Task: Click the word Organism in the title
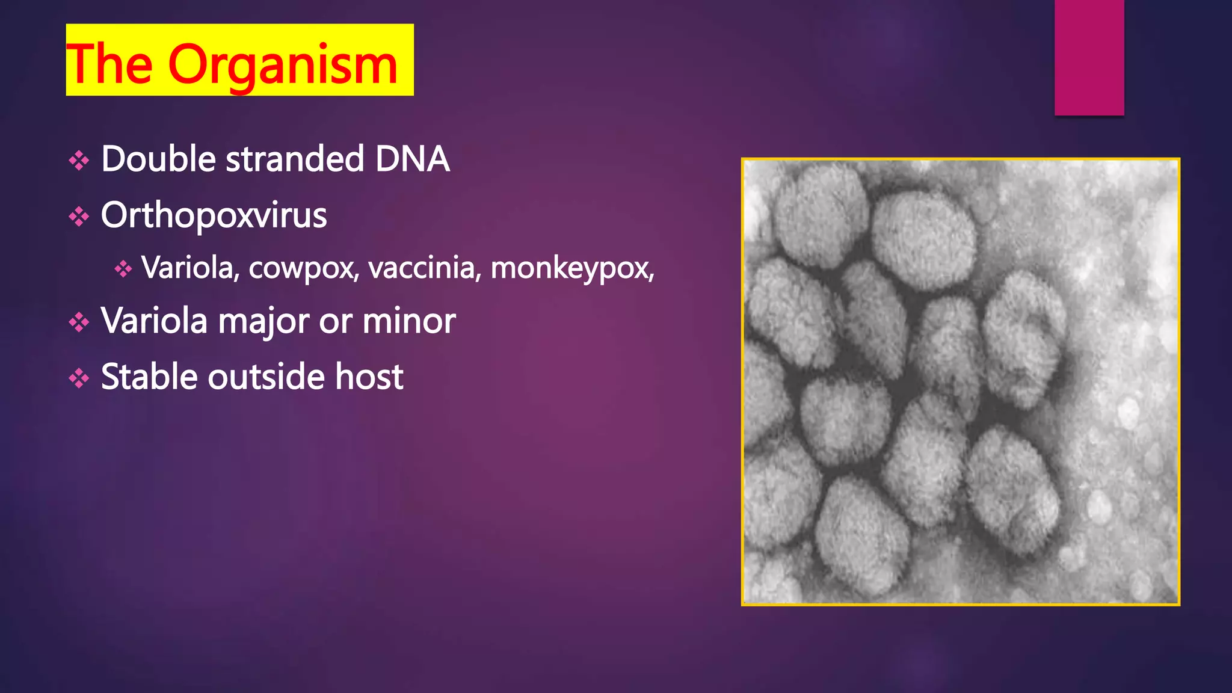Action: [x=283, y=65]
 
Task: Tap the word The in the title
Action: [x=110, y=64]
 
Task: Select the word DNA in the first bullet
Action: [x=412, y=159]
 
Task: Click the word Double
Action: [x=158, y=159]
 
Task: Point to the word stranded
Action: [x=295, y=159]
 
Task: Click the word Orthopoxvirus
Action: [x=214, y=215]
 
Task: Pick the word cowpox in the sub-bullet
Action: [x=304, y=268]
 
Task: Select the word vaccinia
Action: [x=425, y=268]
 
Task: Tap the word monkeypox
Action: [x=571, y=268]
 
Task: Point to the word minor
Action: [x=408, y=321]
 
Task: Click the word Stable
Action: [x=149, y=377]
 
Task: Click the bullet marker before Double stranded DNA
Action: [x=79, y=161]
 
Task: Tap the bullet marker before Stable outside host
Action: [x=79, y=378]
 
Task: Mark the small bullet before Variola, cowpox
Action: [x=123, y=269]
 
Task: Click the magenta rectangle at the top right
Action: [x=1089, y=57]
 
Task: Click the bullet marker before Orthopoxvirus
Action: [x=79, y=217]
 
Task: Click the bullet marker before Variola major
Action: [x=79, y=322]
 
